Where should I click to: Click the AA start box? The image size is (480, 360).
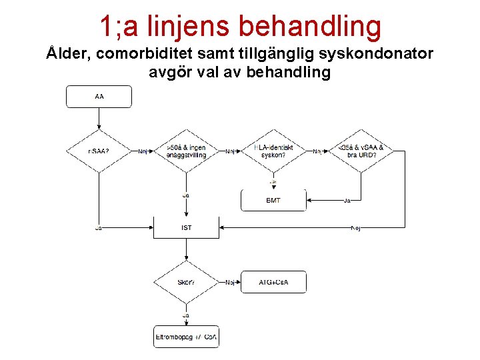tap(99, 97)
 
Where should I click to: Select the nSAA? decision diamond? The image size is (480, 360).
tap(99, 151)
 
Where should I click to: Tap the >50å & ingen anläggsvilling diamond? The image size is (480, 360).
tap(186, 151)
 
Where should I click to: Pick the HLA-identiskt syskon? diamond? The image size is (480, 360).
tap(273, 151)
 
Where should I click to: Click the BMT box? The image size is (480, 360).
tap(273, 201)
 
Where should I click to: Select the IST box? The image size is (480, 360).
tap(186, 228)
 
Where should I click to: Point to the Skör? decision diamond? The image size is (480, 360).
tap(186, 282)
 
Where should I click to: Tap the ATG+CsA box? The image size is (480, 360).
tap(273, 282)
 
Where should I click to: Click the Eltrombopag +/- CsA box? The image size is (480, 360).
tap(186, 337)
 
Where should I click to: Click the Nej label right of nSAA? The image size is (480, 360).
tap(143, 152)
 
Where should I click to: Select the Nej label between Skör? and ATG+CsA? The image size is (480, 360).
tap(230, 283)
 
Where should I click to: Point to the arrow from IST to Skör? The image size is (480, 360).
tap(186, 249)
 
